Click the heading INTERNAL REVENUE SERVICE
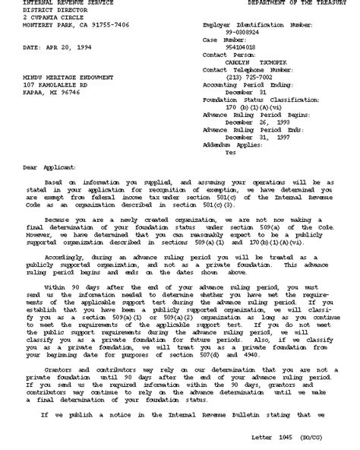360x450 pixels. click(62, 4)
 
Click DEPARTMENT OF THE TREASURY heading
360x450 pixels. click(302, 4)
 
